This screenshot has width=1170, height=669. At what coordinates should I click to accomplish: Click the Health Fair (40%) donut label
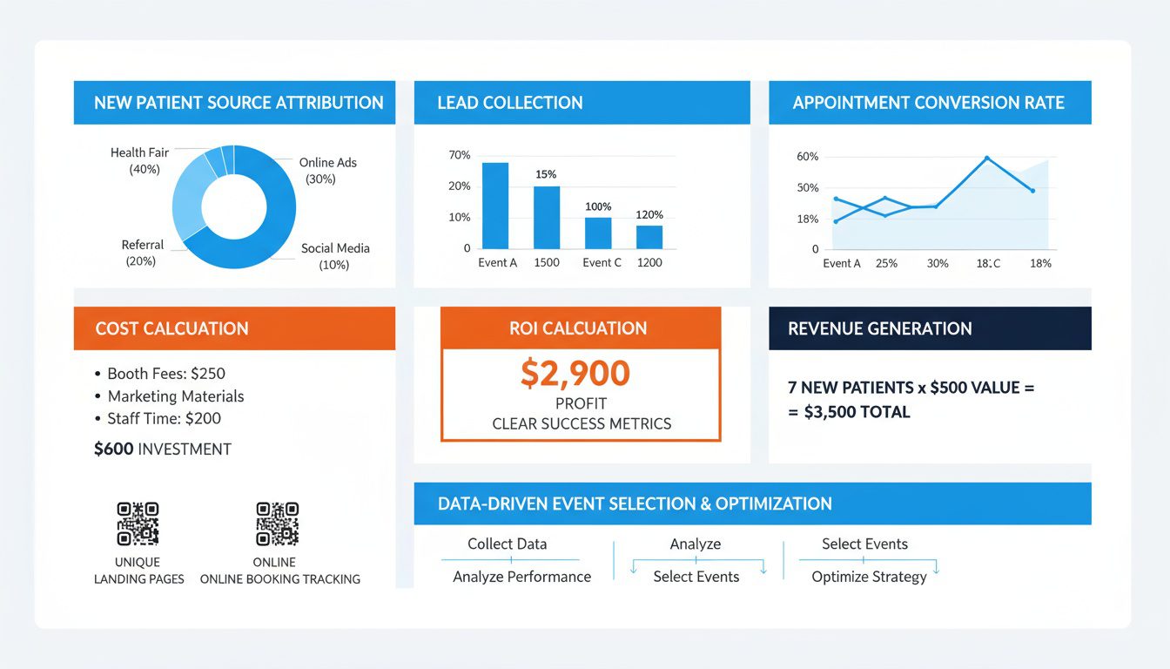tap(139, 160)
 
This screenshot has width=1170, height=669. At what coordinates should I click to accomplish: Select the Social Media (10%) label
tap(335, 256)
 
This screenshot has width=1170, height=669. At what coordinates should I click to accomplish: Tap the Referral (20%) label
tap(143, 253)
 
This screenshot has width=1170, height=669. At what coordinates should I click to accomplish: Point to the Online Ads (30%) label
tap(327, 171)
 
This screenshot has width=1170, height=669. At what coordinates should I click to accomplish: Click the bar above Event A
tap(495, 206)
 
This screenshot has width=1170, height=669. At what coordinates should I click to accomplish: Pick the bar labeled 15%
tap(547, 217)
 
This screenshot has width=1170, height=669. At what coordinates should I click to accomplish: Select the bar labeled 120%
tap(649, 237)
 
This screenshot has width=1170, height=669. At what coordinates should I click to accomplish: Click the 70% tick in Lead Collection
tap(459, 155)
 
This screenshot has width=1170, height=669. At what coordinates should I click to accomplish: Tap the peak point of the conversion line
tap(987, 158)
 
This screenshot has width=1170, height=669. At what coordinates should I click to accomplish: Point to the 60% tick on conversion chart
tap(808, 157)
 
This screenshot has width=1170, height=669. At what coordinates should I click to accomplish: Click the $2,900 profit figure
tap(575, 374)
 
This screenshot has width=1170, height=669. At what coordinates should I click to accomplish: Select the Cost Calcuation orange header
tap(234, 328)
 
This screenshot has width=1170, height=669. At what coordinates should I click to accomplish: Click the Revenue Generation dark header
tap(930, 328)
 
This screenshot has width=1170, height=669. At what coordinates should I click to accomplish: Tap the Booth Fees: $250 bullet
tap(165, 374)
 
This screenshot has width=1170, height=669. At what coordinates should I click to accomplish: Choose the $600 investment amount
tap(112, 449)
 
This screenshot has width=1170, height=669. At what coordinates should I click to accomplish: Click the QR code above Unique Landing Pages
tap(138, 523)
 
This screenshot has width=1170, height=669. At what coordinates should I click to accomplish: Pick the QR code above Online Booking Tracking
tap(277, 523)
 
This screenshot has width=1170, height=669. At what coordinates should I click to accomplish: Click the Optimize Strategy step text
tap(869, 577)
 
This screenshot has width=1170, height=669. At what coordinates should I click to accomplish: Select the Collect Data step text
tap(508, 544)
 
